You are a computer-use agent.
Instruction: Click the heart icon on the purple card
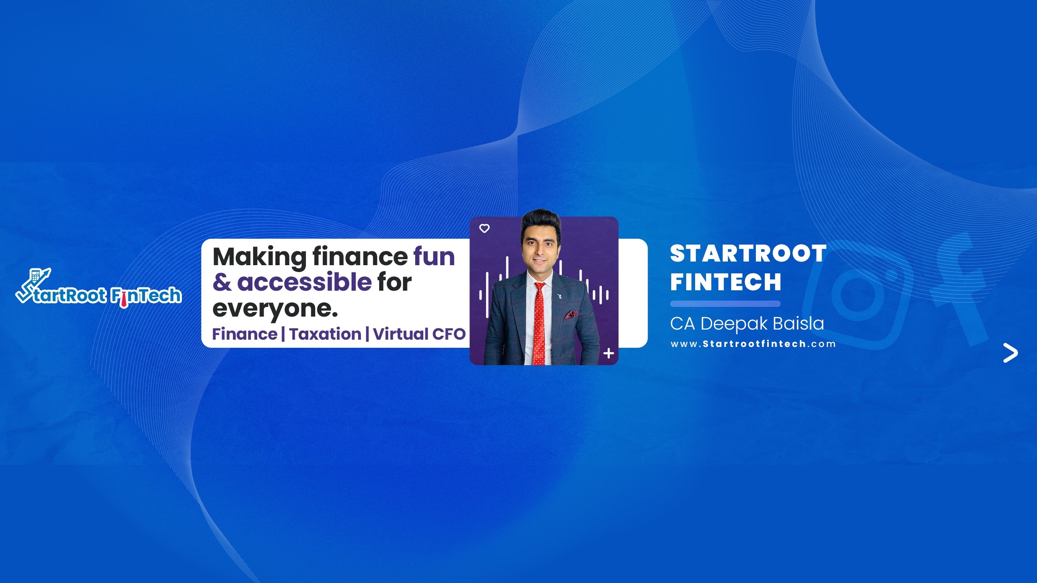click(484, 228)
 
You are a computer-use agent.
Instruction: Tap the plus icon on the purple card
click(608, 353)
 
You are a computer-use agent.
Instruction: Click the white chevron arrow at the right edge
click(1010, 353)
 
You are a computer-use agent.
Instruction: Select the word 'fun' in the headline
click(434, 257)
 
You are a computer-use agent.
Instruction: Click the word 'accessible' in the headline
click(304, 282)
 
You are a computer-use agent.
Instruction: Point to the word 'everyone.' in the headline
click(275, 309)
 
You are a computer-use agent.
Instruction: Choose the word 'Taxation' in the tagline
click(325, 334)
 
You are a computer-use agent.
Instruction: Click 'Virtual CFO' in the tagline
click(419, 334)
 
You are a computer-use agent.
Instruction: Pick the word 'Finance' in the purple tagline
click(245, 334)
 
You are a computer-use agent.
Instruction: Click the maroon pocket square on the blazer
click(571, 315)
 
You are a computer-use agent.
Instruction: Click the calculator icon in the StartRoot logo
click(36, 276)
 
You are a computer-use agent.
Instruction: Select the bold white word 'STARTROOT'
click(748, 254)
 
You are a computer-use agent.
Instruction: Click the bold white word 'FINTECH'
click(725, 282)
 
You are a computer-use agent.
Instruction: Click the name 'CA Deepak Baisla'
click(747, 323)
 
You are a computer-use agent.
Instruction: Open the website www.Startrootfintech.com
click(753, 344)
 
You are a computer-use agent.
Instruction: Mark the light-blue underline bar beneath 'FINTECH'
click(725, 304)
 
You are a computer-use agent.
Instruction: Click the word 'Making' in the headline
click(260, 257)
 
